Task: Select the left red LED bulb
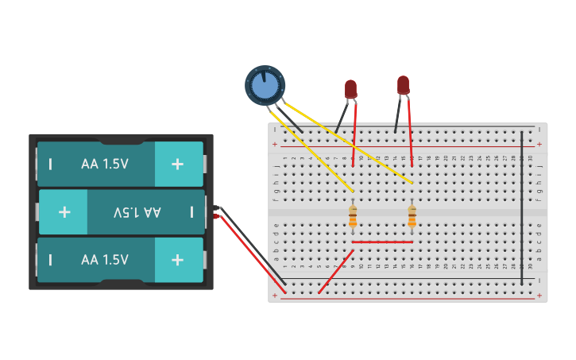tap(350, 89)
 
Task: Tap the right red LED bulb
tap(403, 84)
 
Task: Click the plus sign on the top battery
tap(177, 164)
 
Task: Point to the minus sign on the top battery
tap(51, 165)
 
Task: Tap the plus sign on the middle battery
tap(64, 212)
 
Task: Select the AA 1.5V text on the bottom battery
tap(105, 260)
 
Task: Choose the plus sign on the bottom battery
tap(177, 260)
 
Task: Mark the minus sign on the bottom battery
tap(51, 260)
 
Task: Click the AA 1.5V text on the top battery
tap(105, 164)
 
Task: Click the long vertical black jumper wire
tap(521, 207)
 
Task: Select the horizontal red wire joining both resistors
tap(382, 242)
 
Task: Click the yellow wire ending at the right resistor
tap(350, 143)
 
